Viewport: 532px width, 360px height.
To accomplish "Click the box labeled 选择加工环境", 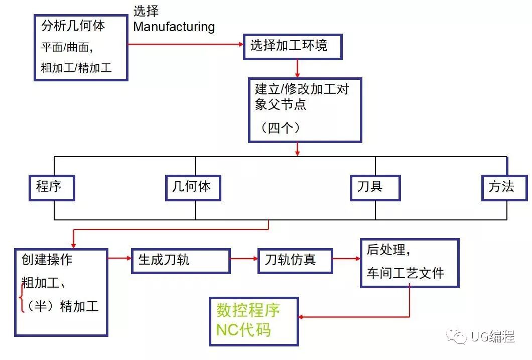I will pyautogui.click(x=293, y=47).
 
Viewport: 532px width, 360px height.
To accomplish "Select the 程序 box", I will pyautogui.click(x=51, y=188).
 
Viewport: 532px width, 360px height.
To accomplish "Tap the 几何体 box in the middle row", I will pyautogui.click(x=193, y=187).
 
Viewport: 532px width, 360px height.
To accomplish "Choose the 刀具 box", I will pyautogui.click(x=375, y=187).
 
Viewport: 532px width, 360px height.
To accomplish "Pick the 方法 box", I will pyautogui.click(x=504, y=187).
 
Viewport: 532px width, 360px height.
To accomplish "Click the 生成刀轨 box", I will pyautogui.click(x=180, y=261).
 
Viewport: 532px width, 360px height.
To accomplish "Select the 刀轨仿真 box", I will pyautogui.click(x=295, y=261).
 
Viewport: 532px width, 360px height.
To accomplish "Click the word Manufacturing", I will pyautogui.click(x=174, y=27).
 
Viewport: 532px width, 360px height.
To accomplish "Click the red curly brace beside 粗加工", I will pyautogui.click(x=21, y=297).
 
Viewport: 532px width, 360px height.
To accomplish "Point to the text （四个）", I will pyautogui.click(x=281, y=128).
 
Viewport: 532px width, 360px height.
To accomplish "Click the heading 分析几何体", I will pyautogui.click(x=73, y=26).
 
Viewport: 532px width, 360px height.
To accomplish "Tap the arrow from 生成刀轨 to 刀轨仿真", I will pyautogui.click(x=244, y=259).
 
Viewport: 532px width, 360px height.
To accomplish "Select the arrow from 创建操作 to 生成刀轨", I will pyautogui.click(x=119, y=259).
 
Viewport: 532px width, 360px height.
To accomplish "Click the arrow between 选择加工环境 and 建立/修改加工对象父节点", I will pyautogui.click(x=298, y=68).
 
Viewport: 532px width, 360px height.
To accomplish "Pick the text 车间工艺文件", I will pyautogui.click(x=405, y=274).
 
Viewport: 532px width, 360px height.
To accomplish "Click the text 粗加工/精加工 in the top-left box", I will pyautogui.click(x=76, y=68).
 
